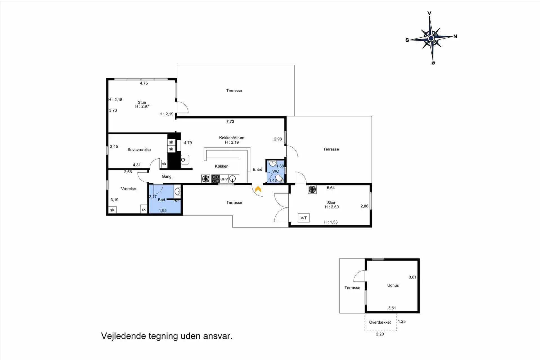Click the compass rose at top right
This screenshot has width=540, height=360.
tap(431, 38)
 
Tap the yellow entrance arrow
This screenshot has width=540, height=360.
tap(258, 189)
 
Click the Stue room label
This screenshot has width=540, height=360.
tap(142, 102)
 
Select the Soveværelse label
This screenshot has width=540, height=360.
tap(139, 150)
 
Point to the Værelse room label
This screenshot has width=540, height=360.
tap(129, 189)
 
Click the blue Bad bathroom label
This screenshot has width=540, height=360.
tap(161, 200)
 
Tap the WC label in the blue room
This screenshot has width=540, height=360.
tap(276, 171)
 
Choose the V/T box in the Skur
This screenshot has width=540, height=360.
tap(304, 218)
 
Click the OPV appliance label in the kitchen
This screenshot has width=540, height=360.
tap(224, 179)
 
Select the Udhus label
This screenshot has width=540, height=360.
tap(393, 285)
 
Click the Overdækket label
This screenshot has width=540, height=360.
tap(380, 322)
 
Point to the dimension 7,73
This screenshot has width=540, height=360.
tap(230, 121)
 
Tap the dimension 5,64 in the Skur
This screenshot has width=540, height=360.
tap(331, 188)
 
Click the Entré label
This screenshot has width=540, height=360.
tap(258, 169)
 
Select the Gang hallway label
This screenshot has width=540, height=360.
tap(166, 176)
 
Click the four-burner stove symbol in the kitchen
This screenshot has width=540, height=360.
tap(216, 179)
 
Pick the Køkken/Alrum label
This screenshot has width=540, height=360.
tap(232, 138)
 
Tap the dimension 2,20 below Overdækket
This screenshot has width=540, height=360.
tap(380, 334)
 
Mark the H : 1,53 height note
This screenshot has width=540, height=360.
tap(331, 222)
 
